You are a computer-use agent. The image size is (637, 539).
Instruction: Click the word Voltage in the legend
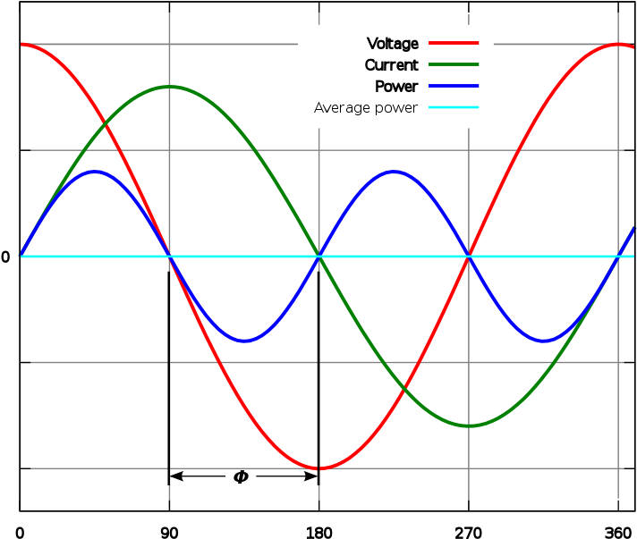pyautogui.click(x=393, y=44)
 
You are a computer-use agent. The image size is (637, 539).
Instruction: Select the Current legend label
pyautogui.click(x=391, y=65)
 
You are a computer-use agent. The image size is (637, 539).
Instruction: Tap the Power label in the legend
pyautogui.click(x=396, y=87)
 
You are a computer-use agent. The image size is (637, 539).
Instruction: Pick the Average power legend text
pyautogui.click(x=366, y=108)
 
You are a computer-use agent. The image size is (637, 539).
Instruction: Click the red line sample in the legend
pyautogui.click(x=454, y=43)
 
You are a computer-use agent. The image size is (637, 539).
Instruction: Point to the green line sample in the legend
pyautogui.click(x=454, y=64)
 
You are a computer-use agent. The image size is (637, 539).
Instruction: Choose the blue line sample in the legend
pyautogui.click(x=454, y=86)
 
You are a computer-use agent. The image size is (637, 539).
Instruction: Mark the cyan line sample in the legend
pyautogui.click(x=454, y=107)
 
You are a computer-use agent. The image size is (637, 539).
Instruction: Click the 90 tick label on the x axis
pyautogui.click(x=169, y=532)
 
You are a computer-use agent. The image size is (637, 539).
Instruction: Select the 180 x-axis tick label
pyautogui.click(x=318, y=532)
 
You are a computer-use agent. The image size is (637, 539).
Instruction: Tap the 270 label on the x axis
pyautogui.click(x=469, y=532)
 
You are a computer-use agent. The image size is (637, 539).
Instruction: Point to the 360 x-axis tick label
pyautogui.click(x=618, y=532)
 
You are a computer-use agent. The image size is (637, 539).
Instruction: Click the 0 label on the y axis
pyautogui.click(x=5, y=257)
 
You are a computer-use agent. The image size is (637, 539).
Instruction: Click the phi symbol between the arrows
pyautogui.click(x=241, y=476)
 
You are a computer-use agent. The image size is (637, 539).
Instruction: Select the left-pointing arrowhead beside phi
pyautogui.click(x=176, y=476)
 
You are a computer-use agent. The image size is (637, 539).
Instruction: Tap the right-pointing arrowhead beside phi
pyautogui.click(x=311, y=476)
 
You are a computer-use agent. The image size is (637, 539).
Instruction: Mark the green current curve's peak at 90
pyautogui.click(x=169, y=87)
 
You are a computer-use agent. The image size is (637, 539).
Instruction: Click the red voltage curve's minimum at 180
pyautogui.click(x=318, y=468)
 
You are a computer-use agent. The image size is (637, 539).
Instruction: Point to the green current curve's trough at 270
pyautogui.click(x=469, y=425)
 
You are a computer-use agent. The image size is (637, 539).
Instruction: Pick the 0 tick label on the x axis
pyautogui.click(x=20, y=532)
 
